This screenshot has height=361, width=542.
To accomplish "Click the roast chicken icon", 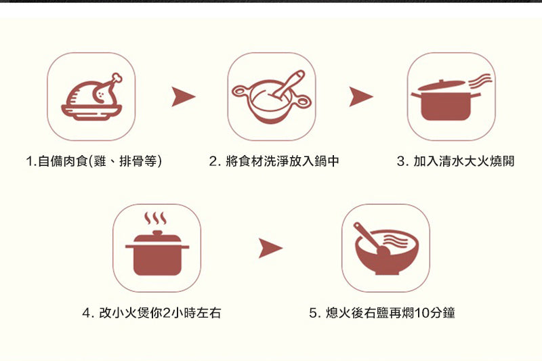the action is (x=91, y=97).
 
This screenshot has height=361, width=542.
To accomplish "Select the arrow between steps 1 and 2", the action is (x=184, y=97).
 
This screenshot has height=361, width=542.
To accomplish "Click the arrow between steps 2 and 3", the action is (x=361, y=97).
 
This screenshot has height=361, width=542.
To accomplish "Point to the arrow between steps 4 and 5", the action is (x=270, y=248).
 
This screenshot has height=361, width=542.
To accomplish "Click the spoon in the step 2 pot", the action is (x=287, y=84).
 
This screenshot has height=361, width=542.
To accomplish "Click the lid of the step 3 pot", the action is (x=442, y=85).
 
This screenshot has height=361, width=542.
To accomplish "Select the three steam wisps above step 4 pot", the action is (x=156, y=218).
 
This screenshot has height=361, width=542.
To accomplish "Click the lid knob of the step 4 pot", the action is (x=157, y=233).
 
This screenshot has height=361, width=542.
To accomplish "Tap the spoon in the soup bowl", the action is (x=371, y=239).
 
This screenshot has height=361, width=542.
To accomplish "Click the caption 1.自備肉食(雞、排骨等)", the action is (x=93, y=161).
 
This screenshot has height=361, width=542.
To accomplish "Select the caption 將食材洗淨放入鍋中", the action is (x=283, y=161).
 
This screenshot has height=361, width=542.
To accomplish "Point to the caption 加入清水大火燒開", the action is (x=464, y=161).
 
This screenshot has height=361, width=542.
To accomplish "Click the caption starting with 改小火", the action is (x=152, y=313).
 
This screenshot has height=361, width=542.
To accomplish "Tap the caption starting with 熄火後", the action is (x=382, y=313).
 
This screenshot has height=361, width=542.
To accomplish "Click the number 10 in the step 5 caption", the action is (x=421, y=313).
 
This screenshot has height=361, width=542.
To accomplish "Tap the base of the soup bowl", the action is (x=387, y=272).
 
